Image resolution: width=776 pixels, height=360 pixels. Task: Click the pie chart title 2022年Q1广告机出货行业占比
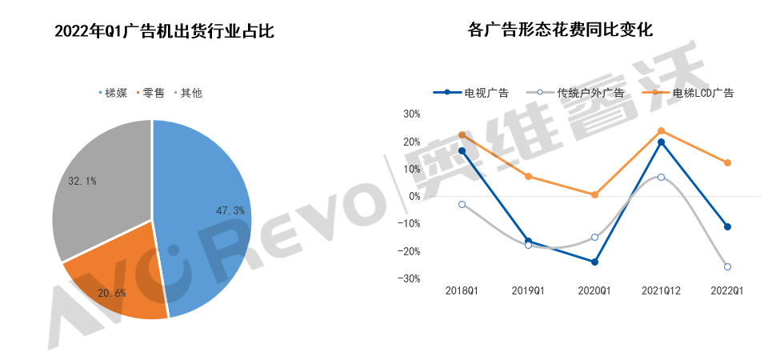click(164, 32)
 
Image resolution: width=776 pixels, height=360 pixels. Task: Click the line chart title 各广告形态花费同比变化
click(560, 32)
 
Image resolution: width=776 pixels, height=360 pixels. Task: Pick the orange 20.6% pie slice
click(120, 276)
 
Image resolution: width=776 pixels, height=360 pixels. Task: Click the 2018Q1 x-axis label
click(462, 291)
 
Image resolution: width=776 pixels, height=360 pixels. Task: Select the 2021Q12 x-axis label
click(661, 291)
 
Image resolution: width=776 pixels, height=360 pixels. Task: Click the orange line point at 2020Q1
click(594, 194)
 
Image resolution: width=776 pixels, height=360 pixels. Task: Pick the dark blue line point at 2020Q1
click(594, 262)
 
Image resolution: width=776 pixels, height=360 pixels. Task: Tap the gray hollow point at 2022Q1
click(727, 266)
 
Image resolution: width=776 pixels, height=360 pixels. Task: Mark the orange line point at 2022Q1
click(727, 163)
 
